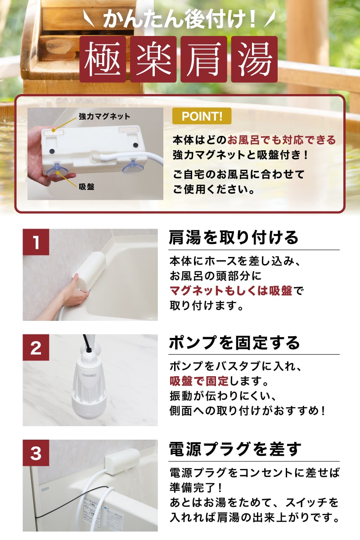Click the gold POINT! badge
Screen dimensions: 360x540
click(x=202, y=116)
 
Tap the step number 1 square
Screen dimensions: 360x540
click(x=36, y=242)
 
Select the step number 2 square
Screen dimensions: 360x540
click(x=36, y=347)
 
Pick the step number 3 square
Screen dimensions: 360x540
click(x=36, y=453)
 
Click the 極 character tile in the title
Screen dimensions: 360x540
click(x=103, y=59)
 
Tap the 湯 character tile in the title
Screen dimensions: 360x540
click(x=254, y=59)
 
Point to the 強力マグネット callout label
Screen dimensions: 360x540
click(x=104, y=117)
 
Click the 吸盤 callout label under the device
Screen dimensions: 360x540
click(x=86, y=187)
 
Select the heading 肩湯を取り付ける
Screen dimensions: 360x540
click(x=234, y=238)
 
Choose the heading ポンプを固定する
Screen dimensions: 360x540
click(x=234, y=342)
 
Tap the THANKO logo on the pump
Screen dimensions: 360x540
click(x=89, y=375)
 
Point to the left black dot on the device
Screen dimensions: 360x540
click(x=52, y=151)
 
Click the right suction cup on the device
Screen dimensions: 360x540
click(x=133, y=166)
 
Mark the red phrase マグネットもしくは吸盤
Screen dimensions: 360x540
click(x=231, y=291)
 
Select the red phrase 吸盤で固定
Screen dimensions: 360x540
click(x=199, y=381)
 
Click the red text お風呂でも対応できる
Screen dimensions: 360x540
click(x=281, y=140)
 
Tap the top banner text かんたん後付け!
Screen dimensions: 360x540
click(x=180, y=20)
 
